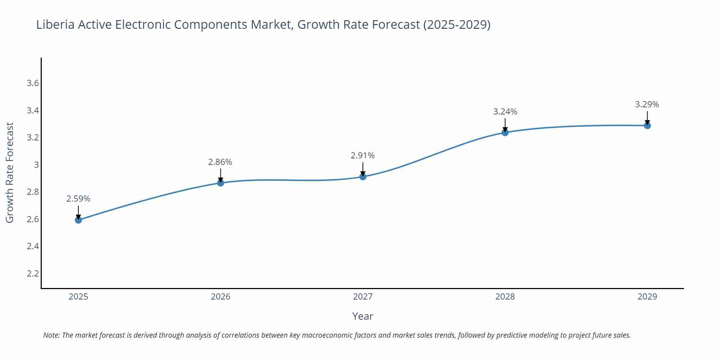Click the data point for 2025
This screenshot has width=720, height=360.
tap(78, 220)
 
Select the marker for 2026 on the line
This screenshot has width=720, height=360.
tap(221, 183)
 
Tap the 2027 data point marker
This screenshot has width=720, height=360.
tap(363, 176)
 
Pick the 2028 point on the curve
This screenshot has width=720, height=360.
tap(505, 132)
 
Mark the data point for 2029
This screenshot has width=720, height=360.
tap(647, 126)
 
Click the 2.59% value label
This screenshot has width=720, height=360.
tap(78, 199)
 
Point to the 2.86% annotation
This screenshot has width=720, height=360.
tap(220, 162)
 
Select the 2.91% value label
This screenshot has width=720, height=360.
tap(363, 156)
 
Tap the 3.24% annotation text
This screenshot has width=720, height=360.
tap(505, 112)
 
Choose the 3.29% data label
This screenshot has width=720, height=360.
tap(647, 104)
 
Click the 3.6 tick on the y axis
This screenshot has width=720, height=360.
tap(33, 84)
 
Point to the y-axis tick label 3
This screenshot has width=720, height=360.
tap(36, 165)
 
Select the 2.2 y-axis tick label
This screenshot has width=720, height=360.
tap(33, 274)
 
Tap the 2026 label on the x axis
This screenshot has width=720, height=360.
tap(221, 297)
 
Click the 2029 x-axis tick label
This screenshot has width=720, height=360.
tap(647, 297)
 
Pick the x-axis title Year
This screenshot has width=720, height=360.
tap(363, 316)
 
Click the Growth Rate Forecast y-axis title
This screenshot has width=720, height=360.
tap(10, 173)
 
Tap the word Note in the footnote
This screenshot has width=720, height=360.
tap(51, 335)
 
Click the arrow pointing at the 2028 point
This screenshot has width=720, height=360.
tap(505, 125)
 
